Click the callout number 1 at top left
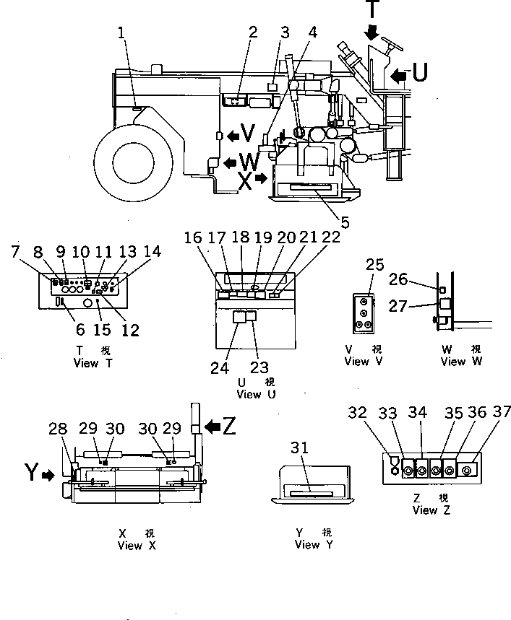(121, 32)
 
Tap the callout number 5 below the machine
(345, 222)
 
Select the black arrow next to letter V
(233, 136)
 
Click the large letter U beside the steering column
(419, 72)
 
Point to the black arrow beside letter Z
(213, 427)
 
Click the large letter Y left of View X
(32, 472)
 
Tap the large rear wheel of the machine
(134, 162)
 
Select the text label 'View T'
(93, 362)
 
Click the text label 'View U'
(256, 394)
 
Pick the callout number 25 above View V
(374, 264)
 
